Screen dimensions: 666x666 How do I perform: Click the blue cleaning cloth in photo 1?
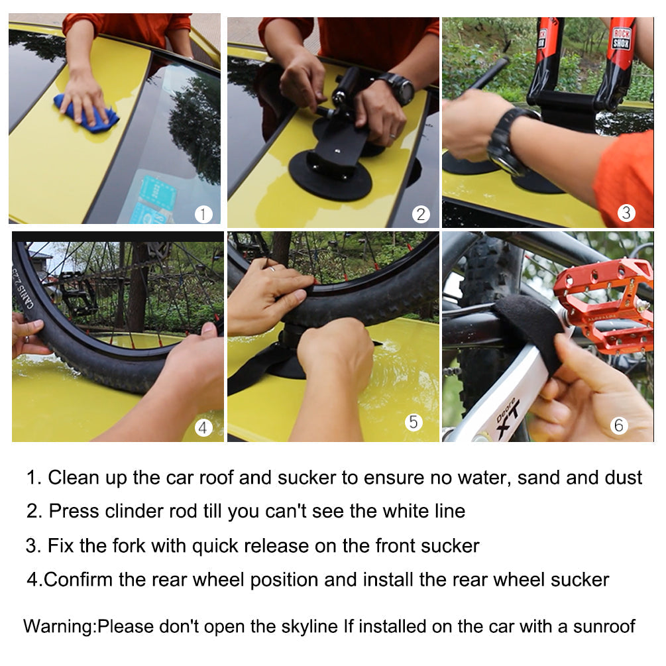tap(87, 114)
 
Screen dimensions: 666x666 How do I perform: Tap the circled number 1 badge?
tap(203, 214)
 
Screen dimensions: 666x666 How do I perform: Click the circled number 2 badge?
tap(421, 214)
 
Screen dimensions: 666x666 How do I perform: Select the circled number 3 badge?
tap(626, 213)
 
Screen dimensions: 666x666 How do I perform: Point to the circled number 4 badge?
tap(203, 428)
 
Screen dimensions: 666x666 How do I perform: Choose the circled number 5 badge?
tap(414, 422)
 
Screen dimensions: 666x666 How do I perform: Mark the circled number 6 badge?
tap(618, 425)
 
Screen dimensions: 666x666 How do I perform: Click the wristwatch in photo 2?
tap(398, 88)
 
